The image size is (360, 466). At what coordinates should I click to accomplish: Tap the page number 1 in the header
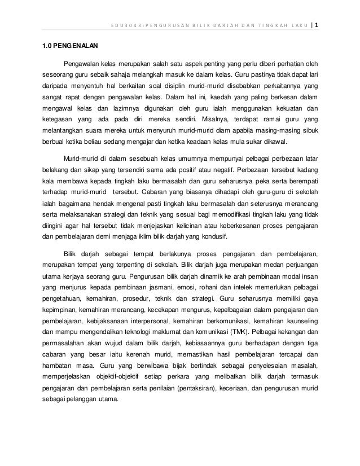click(x=317, y=25)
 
